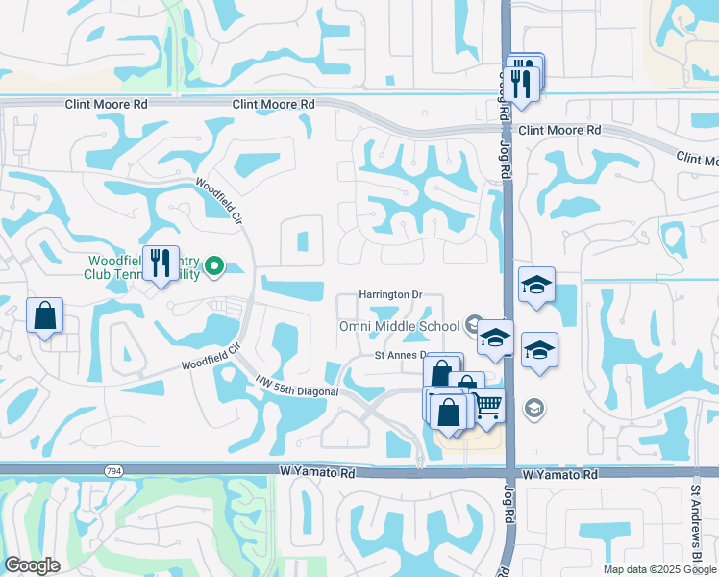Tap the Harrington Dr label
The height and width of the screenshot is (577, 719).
click(390, 294)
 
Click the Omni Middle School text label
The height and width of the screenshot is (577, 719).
click(399, 326)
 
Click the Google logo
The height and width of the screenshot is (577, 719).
click(33, 565)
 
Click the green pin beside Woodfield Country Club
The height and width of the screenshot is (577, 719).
click(215, 266)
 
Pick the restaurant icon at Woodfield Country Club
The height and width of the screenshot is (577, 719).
click(160, 263)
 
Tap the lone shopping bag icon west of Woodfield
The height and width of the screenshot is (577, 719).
click(45, 314)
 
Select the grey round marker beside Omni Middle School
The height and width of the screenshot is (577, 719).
click(473, 324)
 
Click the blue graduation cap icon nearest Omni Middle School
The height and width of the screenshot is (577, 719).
click(496, 338)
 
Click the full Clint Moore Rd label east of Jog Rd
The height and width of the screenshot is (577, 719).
click(559, 130)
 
